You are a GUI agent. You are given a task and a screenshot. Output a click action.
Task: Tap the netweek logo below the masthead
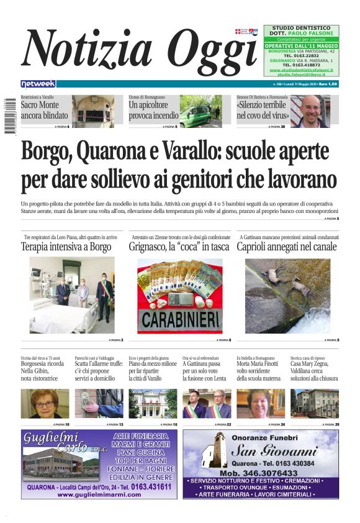tap(38, 84)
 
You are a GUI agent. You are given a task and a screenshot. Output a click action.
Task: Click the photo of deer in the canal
tap(287, 295)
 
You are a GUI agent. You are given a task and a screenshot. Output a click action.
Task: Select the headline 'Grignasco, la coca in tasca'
tap(179, 247)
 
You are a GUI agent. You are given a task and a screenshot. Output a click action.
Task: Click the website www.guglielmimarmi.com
tap(99, 494)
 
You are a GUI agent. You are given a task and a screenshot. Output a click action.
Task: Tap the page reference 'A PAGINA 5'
tap(333, 219)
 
